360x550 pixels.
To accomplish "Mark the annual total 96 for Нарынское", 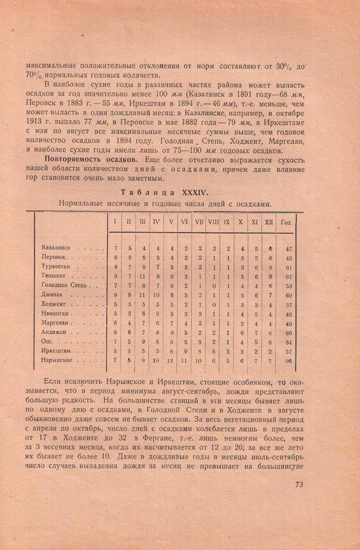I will pos(289,361).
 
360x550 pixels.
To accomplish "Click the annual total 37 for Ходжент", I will pos(289,305).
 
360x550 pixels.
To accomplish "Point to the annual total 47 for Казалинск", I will pos(289,249).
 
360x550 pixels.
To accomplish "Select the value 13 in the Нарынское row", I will pos(170,361).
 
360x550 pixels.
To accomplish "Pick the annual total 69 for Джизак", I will pos(289,295).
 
